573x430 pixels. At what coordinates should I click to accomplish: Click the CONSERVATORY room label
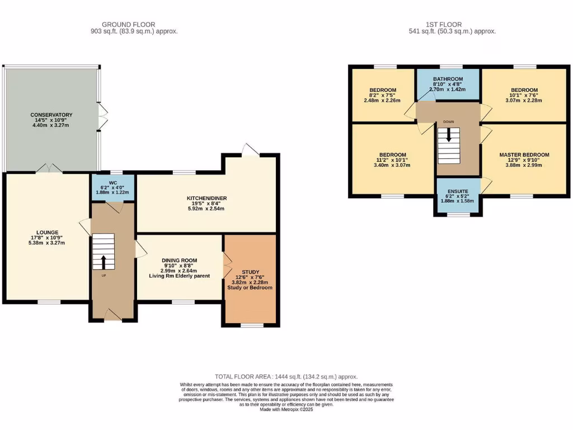click(51, 115)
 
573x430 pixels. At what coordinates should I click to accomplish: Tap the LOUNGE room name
click(47, 232)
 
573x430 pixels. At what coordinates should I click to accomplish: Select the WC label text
click(113, 183)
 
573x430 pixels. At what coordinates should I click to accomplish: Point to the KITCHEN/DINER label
click(207, 198)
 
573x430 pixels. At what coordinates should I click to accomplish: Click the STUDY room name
click(250, 272)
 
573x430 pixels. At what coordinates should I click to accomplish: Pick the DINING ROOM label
click(180, 260)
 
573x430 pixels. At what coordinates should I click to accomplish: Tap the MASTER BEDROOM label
click(524, 155)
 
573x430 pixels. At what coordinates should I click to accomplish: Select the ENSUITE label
click(458, 191)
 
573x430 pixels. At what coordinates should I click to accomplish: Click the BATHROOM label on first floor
click(448, 79)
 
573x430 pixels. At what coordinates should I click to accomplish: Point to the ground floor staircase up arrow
click(104, 262)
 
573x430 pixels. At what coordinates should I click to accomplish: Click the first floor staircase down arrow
click(449, 134)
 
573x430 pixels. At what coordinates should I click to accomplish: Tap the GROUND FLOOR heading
click(128, 25)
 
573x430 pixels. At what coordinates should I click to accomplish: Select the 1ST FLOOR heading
click(444, 25)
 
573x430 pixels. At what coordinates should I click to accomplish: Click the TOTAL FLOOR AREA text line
click(286, 377)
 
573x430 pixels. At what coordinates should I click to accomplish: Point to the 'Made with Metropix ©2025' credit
click(286, 409)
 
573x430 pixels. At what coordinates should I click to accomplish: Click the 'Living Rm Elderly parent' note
click(180, 276)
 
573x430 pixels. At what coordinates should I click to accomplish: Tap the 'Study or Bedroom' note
click(250, 288)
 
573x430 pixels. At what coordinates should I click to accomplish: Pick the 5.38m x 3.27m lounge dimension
click(47, 243)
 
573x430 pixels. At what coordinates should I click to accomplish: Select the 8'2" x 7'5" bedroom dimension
click(382, 95)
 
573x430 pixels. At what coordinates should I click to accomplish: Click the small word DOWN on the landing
click(448, 121)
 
